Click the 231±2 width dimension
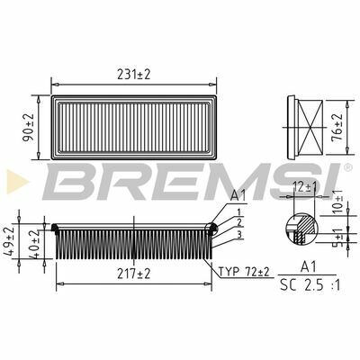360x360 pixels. pyautogui.click(x=133, y=75)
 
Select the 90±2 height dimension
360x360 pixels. pyautogui.click(x=29, y=128)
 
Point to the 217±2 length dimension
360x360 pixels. pyautogui.click(x=133, y=274)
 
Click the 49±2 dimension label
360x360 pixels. pyautogui.click(x=9, y=241)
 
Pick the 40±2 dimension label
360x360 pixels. pyautogui.click(x=34, y=244)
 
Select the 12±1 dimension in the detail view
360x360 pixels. pyautogui.click(x=305, y=188)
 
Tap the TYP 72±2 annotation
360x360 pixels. pyautogui.click(x=244, y=272)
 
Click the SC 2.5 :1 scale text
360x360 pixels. pyautogui.click(x=310, y=285)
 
